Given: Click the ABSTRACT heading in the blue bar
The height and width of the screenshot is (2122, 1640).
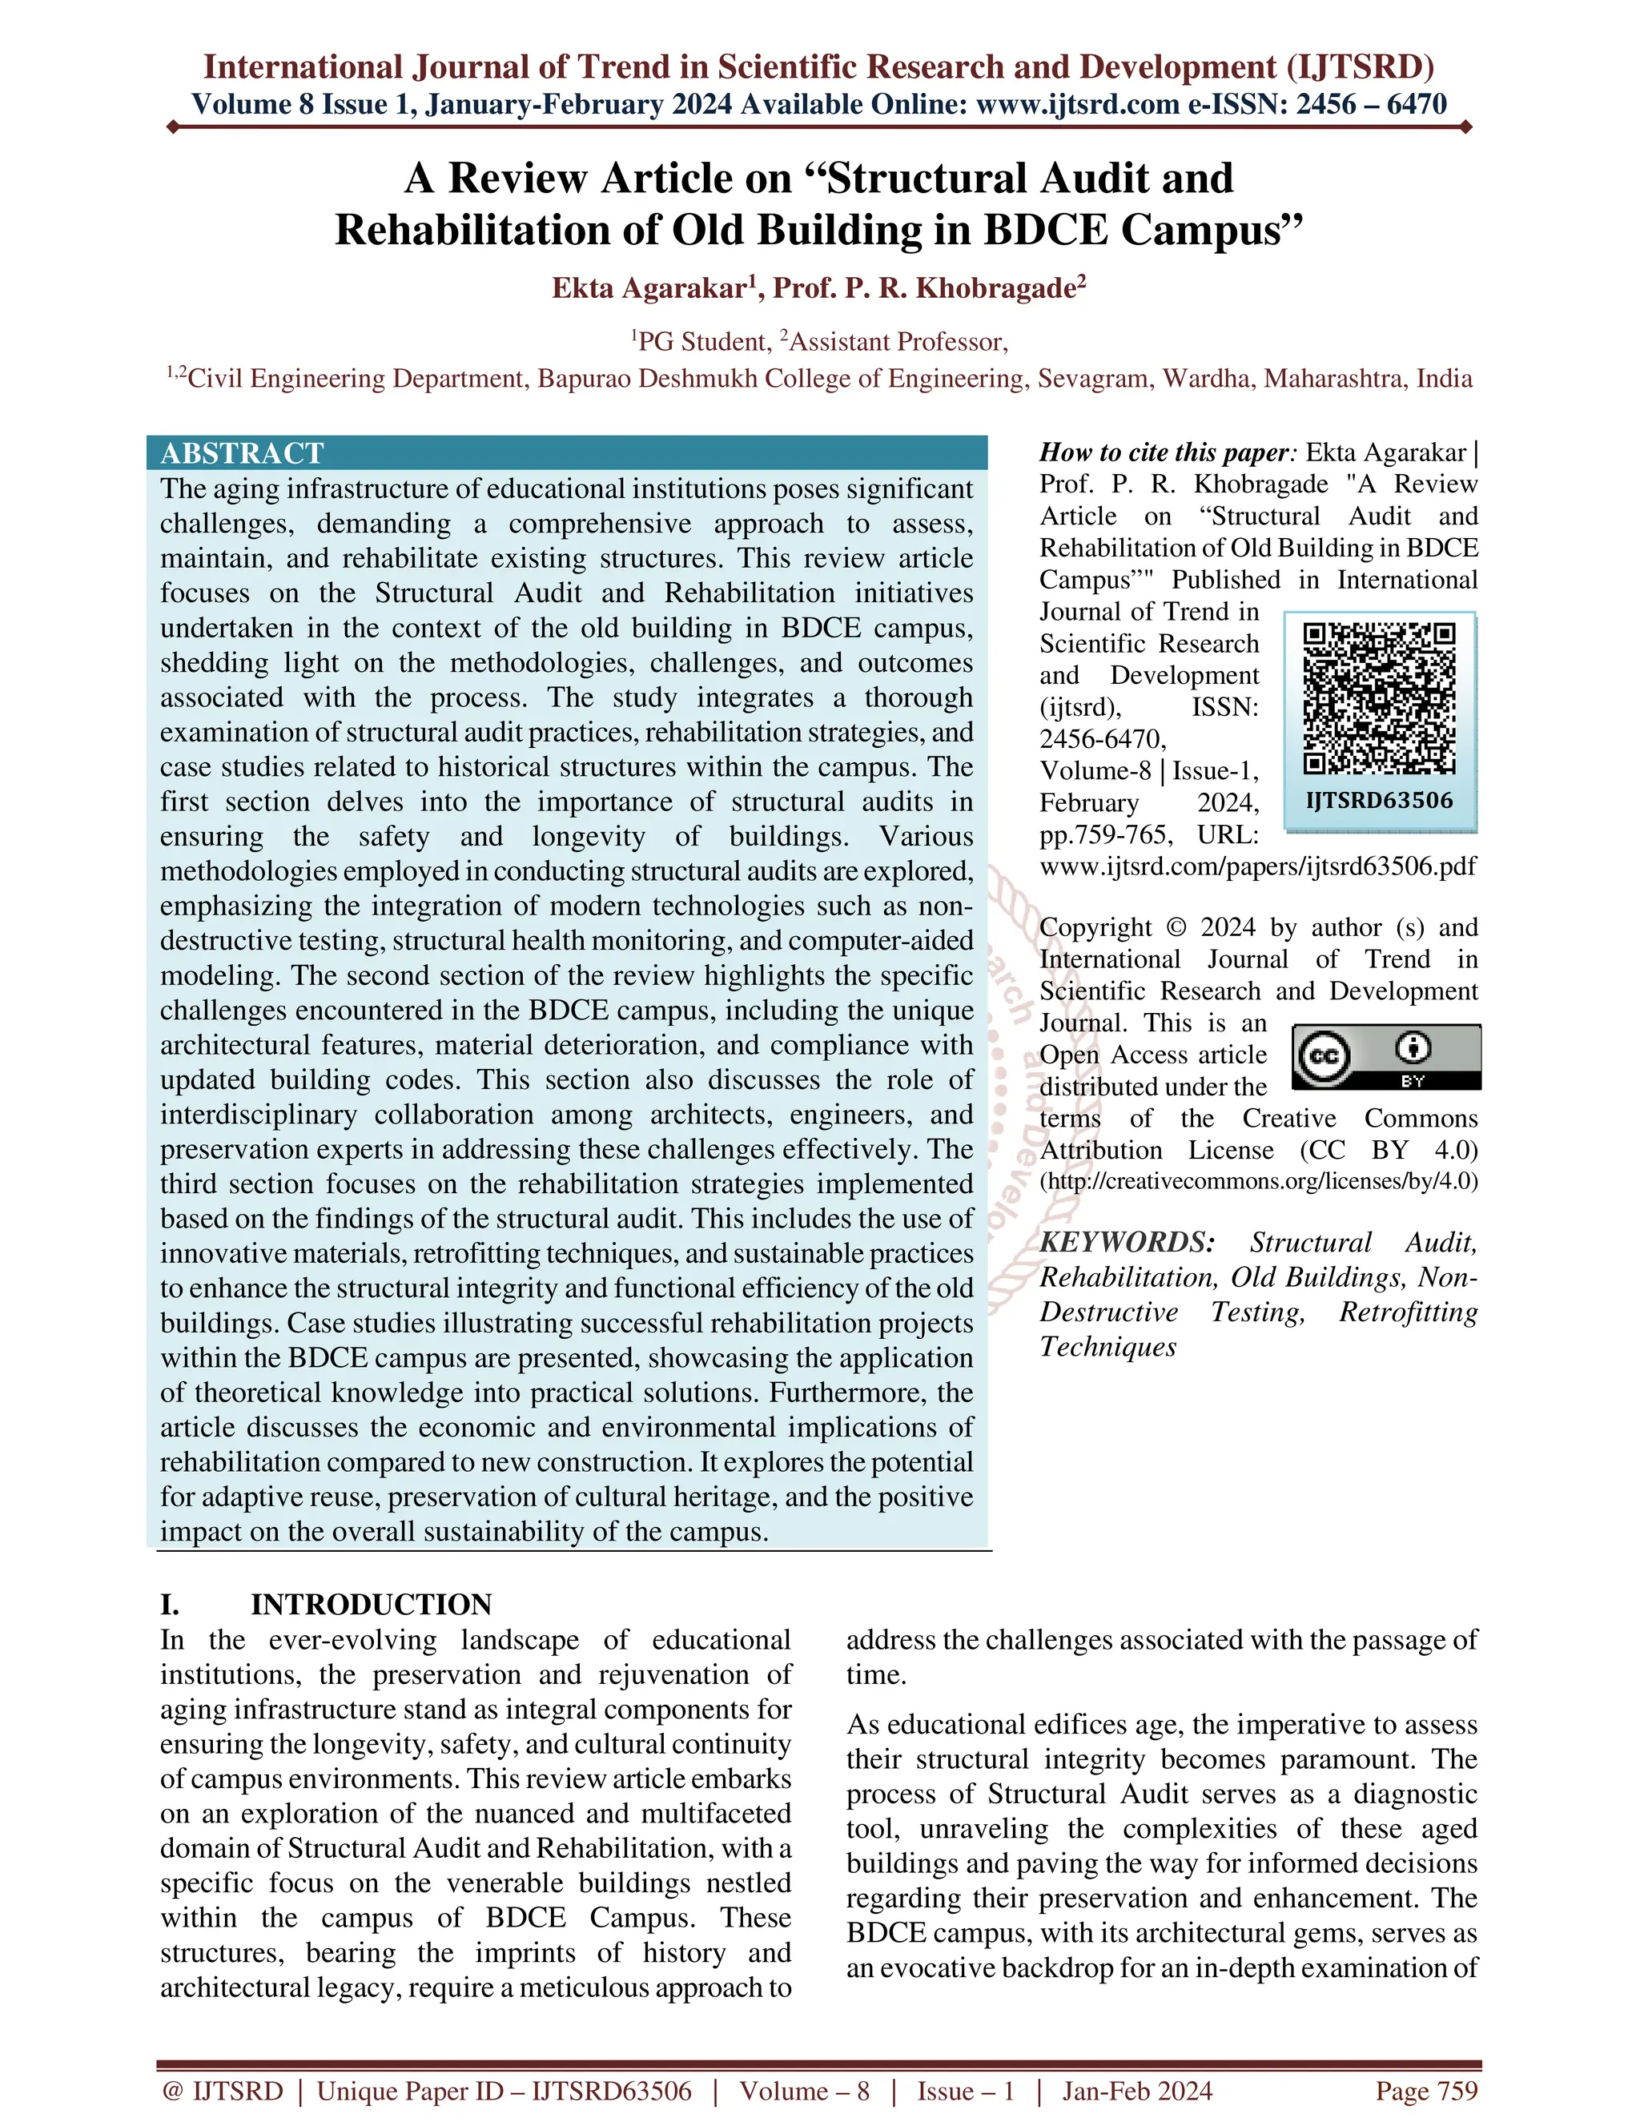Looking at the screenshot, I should pyautogui.click(x=242, y=452).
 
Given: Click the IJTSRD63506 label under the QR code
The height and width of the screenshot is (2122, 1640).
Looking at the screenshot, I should pyautogui.click(x=1379, y=801).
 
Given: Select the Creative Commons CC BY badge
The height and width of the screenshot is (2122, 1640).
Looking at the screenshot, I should pyautogui.click(x=1385, y=1056).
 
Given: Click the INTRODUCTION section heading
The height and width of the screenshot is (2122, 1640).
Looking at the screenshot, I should pyautogui.click(x=371, y=1604).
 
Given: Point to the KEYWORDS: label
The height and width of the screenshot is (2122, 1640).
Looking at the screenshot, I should pyautogui.click(x=1127, y=1243).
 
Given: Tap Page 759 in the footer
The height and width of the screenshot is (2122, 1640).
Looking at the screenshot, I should pyautogui.click(x=1425, y=2091).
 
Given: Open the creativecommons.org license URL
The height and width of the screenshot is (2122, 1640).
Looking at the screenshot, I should pyautogui.click(x=1258, y=1181).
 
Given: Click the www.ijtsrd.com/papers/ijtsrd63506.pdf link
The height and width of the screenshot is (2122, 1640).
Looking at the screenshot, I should pyautogui.click(x=1258, y=866).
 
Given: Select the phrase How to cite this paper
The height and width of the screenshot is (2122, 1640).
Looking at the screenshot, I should pyautogui.click(x=1165, y=452).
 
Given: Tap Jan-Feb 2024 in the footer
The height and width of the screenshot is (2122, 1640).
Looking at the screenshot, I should pyautogui.click(x=1137, y=2091).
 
